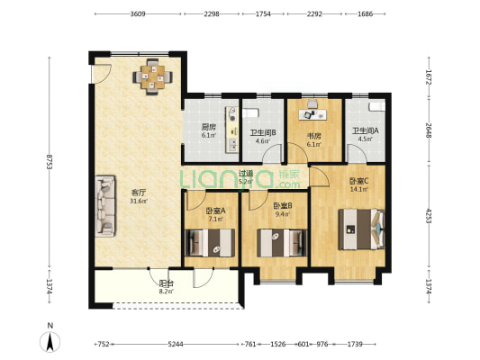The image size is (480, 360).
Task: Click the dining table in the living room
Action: tap(152, 76)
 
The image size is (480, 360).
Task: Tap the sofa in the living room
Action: tap(105, 206)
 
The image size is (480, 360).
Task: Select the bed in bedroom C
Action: tap(361, 229)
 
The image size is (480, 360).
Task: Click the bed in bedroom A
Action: tap(211, 242)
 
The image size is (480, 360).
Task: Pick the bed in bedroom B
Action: tap(282, 242)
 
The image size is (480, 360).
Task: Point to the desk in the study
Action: tap(312, 114)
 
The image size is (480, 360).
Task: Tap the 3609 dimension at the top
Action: tap(138, 13)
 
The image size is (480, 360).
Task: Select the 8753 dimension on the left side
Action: tap(50, 162)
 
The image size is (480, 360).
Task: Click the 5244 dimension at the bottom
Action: tap(176, 345)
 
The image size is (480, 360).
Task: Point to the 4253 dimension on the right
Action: tap(429, 216)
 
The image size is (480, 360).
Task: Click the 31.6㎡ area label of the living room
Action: tap(139, 201)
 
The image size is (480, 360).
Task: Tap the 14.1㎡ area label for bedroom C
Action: tap(358, 189)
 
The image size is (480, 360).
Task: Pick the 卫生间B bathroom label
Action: tap(263, 132)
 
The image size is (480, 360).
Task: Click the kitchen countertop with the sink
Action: tap(232, 130)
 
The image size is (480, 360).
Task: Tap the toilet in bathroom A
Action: tap(376, 107)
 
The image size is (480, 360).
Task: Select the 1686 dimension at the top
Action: tap(366, 13)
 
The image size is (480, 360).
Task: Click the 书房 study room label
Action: tap(314, 136)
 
